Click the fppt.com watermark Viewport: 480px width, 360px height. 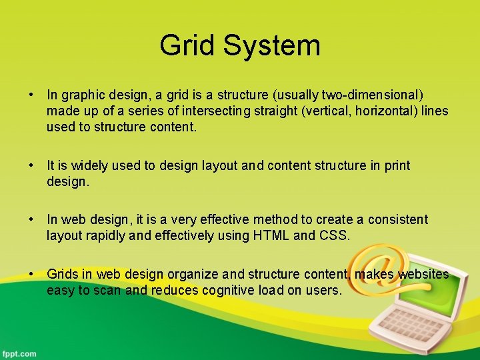tap(19, 353)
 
